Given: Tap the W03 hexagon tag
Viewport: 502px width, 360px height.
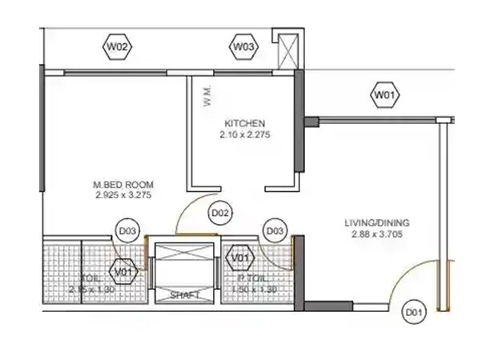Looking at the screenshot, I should tap(243, 48).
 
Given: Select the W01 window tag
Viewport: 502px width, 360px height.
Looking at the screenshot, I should tap(385, 96).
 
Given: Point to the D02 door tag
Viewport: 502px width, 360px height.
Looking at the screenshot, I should tap(220, 214).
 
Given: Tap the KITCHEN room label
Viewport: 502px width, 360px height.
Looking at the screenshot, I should tap(244, 123).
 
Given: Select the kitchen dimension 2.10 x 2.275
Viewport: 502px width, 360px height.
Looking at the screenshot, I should tap(244, 135).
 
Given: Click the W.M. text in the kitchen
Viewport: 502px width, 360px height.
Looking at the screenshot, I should tap(207, 96).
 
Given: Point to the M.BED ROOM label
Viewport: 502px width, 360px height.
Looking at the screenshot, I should tap(123, 185).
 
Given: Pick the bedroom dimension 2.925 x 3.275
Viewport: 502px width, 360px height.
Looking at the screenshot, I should tap(123, 195).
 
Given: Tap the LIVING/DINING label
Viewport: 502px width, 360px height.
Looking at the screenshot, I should tap(375, 223).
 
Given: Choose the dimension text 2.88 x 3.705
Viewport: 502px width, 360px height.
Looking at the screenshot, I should tap(375, 234).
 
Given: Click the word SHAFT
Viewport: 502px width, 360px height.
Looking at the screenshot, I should tap(185, 296).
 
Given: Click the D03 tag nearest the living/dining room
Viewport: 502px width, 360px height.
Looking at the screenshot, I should tap(275, 231).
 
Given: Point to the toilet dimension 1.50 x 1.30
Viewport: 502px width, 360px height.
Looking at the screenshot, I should tap(256, 288).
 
